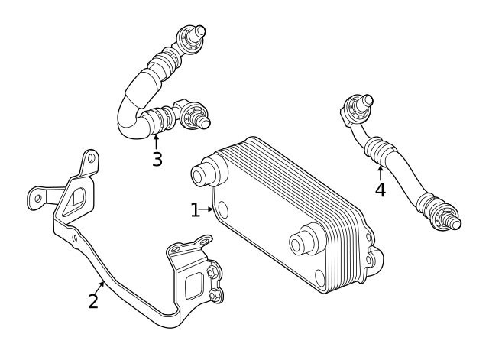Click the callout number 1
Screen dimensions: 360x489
click(x=195, y=209)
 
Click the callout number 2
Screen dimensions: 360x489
click(x=93, y=301)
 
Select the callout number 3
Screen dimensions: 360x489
click(x=157, y=159)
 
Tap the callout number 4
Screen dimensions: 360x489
click(x=380, y=190)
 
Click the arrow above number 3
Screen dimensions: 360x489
click(x=157, y=141)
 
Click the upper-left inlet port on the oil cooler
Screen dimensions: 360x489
click(x=202, y=174)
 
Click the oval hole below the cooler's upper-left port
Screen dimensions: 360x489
click(x=222, y=209)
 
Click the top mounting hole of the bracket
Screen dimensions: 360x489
click(x=91, y=161)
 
